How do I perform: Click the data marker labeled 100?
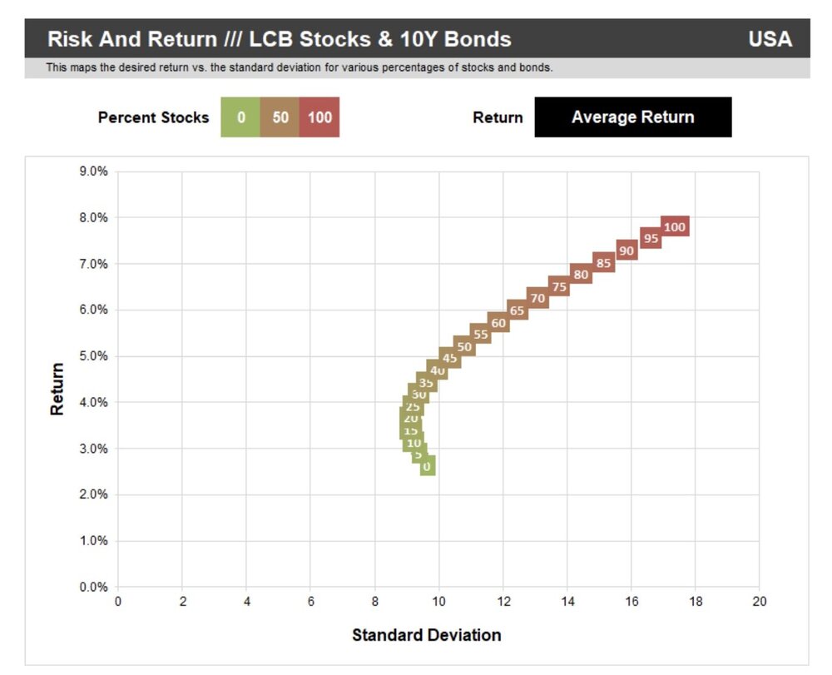675,226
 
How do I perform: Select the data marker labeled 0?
427,466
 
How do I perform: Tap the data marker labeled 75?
559,287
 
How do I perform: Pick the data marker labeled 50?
464,347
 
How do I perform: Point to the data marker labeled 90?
626,251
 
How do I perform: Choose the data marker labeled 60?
498,323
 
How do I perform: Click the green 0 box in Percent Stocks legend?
240,117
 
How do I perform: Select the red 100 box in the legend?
319,117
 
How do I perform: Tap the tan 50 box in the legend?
280,117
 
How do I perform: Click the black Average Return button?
632,117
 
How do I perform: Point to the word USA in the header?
770,39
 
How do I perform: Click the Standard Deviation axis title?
426,636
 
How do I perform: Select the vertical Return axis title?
57,389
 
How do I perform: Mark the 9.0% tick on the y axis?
92,171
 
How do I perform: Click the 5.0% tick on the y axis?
92,356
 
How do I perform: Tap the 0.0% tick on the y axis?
92,587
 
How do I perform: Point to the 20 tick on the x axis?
759,601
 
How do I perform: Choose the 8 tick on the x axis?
374,601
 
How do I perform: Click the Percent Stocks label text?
153,117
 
